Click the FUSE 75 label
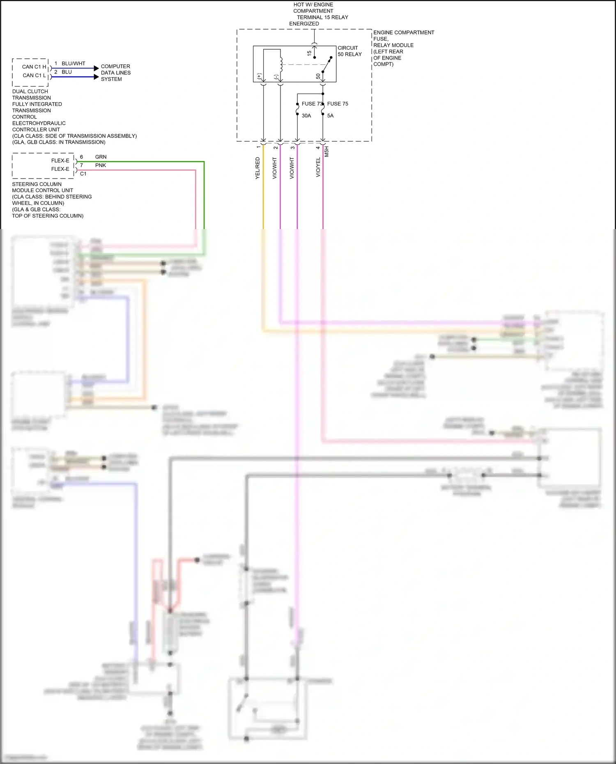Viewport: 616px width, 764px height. click(x=338, y=104)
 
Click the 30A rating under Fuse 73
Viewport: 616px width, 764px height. click(x=306, y=116)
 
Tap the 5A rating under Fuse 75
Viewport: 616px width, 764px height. click(x=330, y=116)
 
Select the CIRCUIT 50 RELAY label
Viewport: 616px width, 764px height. click(x=349, y=51)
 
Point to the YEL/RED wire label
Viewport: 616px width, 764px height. click(x=258, y=168)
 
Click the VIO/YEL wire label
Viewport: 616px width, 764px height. click(x=318, y=167)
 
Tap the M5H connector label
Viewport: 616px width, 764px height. click(x=327, y=151)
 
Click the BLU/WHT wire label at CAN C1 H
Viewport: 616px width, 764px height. click(x=74, y=64)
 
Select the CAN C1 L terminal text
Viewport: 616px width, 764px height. click(x=34, y=76)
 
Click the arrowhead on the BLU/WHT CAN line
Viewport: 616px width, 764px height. click(x=97, y=68)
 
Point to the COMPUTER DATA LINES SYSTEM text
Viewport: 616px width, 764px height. click(x=115, y=73)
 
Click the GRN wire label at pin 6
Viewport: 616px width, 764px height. click(x=101, y=157)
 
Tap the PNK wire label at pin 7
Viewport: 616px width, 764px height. click(x=101, y=165)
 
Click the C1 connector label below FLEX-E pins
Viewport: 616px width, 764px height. click(x=83, y=174)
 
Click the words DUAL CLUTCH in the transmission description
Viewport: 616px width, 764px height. click(x=30, y=92)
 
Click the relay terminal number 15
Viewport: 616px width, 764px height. click(x=309, y=53)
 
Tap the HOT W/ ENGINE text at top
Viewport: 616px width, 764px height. click(x=313, y=5)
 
